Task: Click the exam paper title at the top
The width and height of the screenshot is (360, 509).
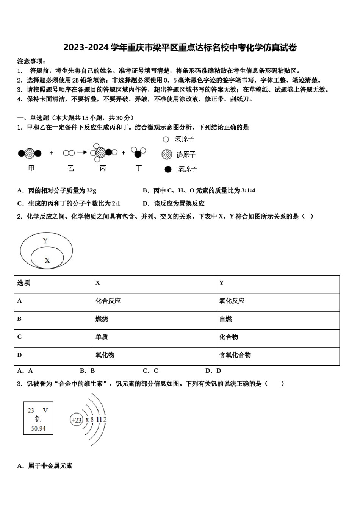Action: [x=180, y=47]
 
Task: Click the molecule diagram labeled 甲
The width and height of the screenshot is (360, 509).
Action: [x=30, y=153]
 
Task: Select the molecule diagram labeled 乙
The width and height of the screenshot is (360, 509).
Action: [x=69, y=153]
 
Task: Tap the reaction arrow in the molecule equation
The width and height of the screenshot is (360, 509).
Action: [x=82, y=153]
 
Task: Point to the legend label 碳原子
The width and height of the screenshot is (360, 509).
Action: [x=186, y=155]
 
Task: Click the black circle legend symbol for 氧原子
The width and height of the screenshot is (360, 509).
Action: [x=168, y=169]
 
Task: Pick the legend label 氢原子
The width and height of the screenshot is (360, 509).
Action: [x=185, y=139]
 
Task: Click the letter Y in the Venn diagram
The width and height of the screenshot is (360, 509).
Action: [x=45, y=240]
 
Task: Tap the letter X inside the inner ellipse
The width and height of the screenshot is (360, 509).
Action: [x=47, y=260]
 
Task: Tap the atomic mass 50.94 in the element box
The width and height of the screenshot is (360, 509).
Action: [x=38, y=428]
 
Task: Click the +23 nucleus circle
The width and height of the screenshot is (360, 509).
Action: [x=77, y=420]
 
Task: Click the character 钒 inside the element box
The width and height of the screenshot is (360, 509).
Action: [x=38, y=419]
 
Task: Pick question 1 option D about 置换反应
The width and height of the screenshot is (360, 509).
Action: [x=174, y=203]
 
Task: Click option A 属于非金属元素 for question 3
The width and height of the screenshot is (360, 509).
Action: [x=45, y=466]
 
